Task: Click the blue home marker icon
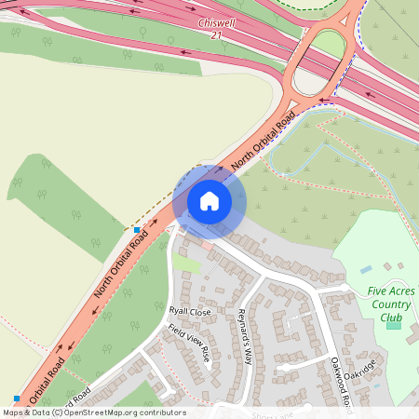point(209,201)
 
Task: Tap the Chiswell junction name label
point(218,21)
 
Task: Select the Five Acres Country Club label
point(391,304)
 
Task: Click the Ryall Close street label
point(190,311)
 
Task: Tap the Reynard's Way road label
point(245,335)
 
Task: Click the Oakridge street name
point(358,370)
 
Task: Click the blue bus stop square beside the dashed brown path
point(137,229)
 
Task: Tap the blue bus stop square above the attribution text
point(17,399)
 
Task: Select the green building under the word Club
point(393,323)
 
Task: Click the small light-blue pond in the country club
point(366,269)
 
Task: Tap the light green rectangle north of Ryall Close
point(187,264)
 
